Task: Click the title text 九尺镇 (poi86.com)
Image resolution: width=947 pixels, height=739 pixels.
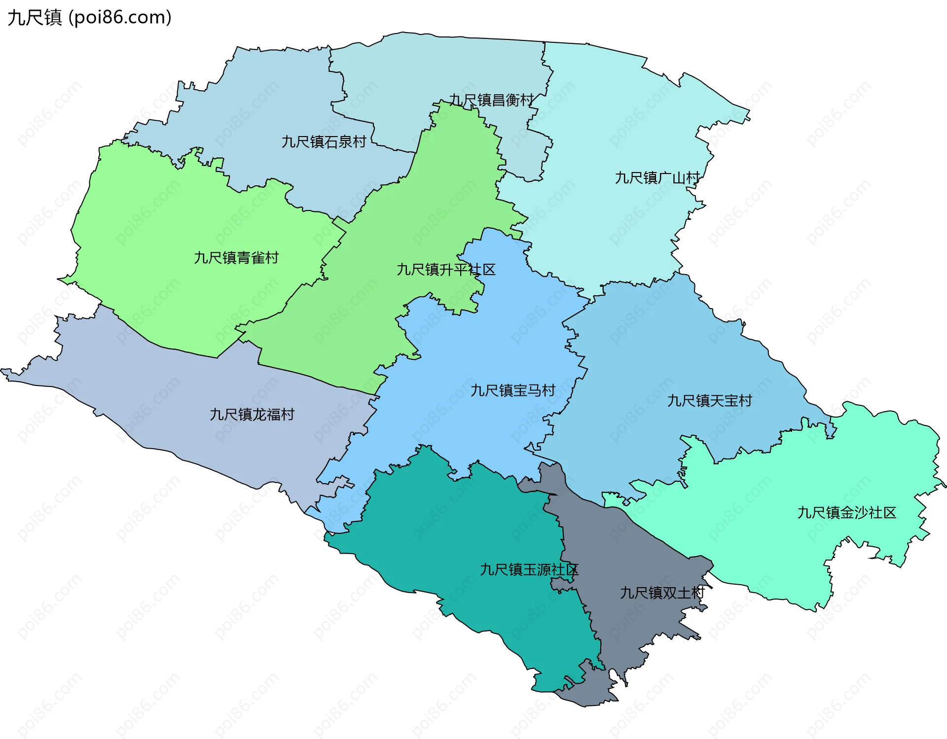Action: [89, 17]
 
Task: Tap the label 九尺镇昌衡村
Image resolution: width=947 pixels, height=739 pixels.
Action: [491, 100]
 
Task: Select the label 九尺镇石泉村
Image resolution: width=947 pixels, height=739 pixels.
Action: [324, 142]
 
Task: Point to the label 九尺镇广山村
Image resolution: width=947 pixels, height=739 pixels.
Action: [657, 177]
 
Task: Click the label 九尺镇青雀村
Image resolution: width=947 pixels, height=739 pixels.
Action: [236, 258]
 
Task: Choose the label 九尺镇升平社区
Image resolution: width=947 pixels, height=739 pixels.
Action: [446, 270]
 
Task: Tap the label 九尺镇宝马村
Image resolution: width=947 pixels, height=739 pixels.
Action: [513, 390]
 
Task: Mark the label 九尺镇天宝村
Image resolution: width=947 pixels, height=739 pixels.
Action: [709, 401]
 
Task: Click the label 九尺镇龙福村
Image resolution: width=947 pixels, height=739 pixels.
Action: [252, 414]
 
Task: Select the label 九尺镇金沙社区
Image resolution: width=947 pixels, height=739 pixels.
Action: [846, 513]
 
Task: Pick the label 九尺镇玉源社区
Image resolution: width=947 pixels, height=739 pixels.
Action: [529, 570]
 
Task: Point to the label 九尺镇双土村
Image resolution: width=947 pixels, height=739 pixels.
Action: [662, 593]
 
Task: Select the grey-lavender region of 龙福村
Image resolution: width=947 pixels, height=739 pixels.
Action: [173, 394]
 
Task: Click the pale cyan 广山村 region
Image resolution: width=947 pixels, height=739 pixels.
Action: [617, 123]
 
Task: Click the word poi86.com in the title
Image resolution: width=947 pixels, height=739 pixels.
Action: [120, 17]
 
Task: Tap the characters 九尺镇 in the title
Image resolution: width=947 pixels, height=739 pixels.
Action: [35, 17]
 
